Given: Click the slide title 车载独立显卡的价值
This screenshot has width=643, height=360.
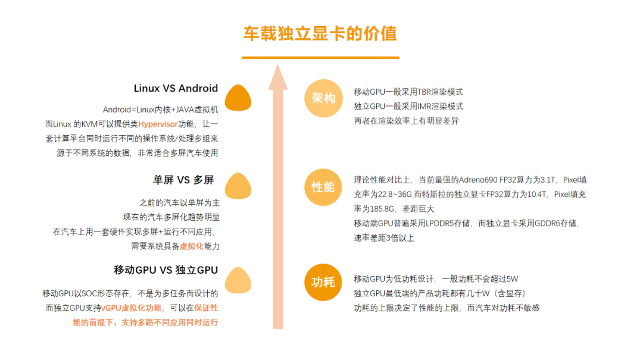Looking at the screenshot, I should (320, 33).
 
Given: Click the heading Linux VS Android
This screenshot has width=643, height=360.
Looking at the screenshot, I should (176, 89).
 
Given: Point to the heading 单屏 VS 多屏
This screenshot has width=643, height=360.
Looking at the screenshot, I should (183, 180).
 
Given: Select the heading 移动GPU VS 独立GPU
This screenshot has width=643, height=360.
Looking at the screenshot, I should (166, 270).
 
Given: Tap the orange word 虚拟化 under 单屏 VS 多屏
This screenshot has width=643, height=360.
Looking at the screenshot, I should (192, 246).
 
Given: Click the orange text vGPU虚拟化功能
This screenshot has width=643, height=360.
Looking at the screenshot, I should (131, 308).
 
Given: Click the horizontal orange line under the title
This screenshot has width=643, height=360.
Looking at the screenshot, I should (320, 57).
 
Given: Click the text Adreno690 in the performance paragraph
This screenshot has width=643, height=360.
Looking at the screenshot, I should (476, 179).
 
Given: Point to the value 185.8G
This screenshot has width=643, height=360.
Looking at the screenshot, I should (380, 209).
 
